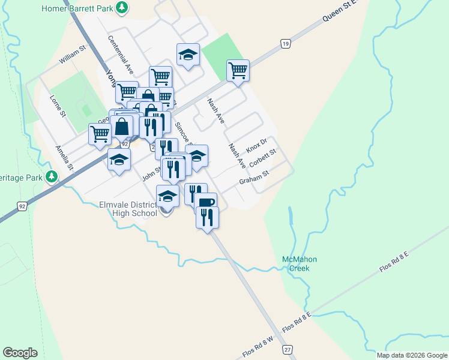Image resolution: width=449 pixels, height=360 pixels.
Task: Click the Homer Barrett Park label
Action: click(77, 8)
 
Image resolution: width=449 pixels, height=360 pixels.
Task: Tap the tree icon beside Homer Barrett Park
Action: click(122, 8)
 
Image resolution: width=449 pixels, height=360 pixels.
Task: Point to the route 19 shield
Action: click(286, 44)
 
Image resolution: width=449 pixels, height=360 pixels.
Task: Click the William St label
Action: click(73, 58)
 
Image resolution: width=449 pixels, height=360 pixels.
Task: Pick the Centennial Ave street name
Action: click(121, 55)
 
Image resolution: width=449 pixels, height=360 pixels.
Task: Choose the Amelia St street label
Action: click(64, 157)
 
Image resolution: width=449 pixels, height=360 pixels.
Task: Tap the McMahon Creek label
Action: click(299, 263)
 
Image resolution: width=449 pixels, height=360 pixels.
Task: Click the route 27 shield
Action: click(288, 350)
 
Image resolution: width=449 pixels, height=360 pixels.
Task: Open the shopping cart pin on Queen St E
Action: click(238, 70)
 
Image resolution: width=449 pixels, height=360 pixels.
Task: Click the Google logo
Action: click(20, 353)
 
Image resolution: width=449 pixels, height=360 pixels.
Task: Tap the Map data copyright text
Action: click(412, 355)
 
